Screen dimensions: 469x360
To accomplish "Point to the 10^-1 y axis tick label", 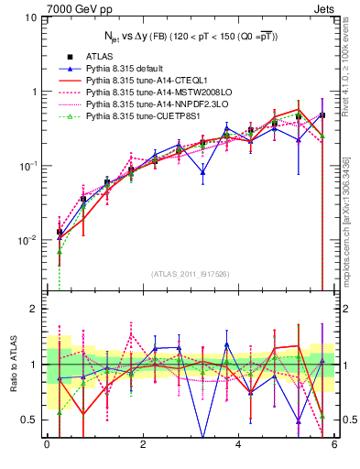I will [x=27, y=166].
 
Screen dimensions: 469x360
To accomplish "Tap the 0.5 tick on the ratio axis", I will [x=28, y=420].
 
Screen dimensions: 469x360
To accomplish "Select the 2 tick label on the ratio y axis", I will [x=34, y=309].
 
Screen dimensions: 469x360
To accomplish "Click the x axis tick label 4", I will [x=239, y=444].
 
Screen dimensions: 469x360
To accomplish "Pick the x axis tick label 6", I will [x=334, y=444].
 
